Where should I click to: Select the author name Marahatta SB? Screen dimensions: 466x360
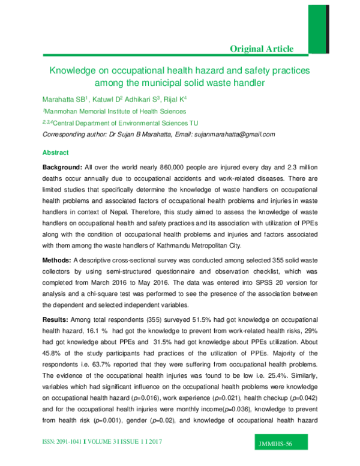click(64, 98)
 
